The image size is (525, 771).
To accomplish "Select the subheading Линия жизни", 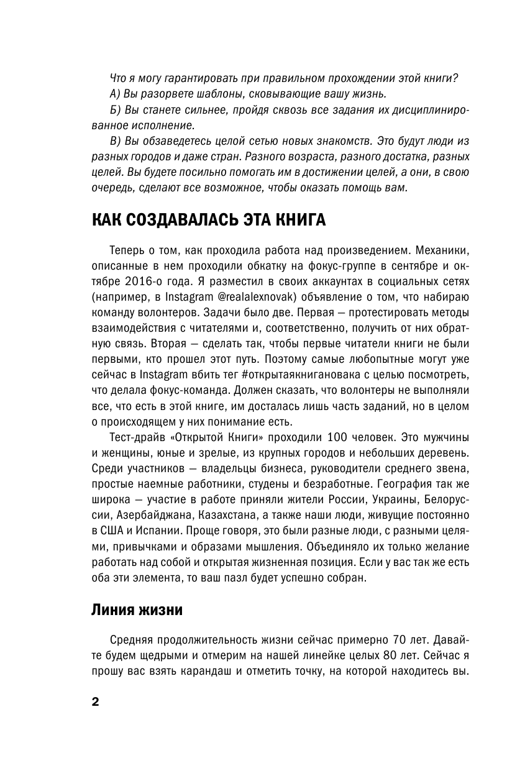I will (x=137, y=609).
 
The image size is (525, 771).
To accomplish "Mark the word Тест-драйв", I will (x=135, y=432).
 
